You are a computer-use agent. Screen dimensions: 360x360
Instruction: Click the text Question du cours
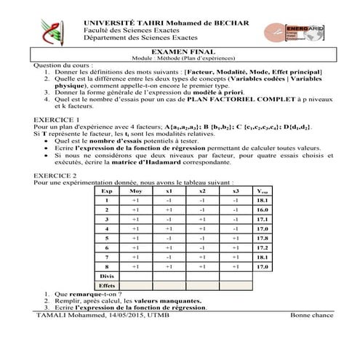click(x=64, y=65)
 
